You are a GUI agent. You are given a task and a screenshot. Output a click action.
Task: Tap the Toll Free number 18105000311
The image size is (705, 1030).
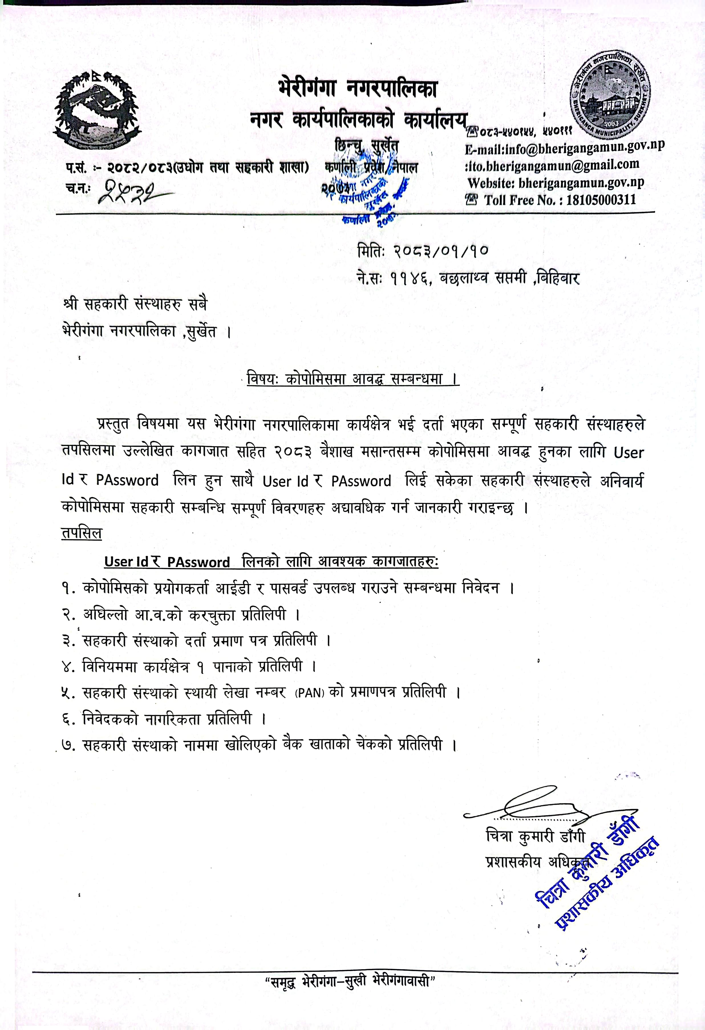(x=600, y=199)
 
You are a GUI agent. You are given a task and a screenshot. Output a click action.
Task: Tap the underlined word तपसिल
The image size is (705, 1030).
(x=82, y=534)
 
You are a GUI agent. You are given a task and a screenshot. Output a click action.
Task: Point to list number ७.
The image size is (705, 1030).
(x=69, y=745)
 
